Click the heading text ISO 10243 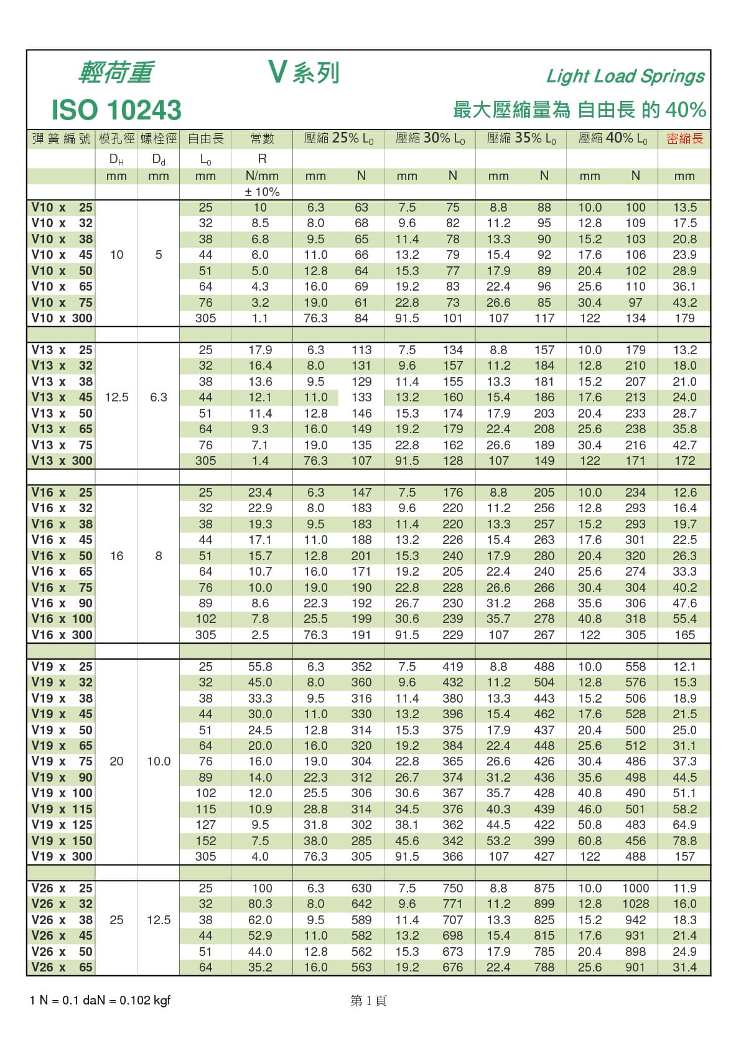[x=116, y=110]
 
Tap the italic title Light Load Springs [x=625, y=76]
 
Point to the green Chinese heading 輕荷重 [x=116, y=73]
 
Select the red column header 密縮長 [x=684, y=139]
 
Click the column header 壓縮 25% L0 [x=338, y=139]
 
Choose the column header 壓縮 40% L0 [x=612, y=139]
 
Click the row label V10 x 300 [x=62, y=318]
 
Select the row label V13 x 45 [x=62, y=397]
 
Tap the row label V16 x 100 [x=62, y=619]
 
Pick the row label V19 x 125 [x=62, y=825]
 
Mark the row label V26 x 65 [x=62, y=967]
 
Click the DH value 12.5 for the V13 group [x=116, y=397]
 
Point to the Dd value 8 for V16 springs [x=159, y=556]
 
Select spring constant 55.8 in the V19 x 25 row [x=260, y=667]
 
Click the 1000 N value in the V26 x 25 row [x=635, y=888]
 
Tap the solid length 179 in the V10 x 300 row [x=684, y=318]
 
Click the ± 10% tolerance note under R [x=262, y=192]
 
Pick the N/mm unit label [x=262, y=176]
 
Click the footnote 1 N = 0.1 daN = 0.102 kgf [x=100, y=1000]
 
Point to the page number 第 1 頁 [x=368, y=1001]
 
